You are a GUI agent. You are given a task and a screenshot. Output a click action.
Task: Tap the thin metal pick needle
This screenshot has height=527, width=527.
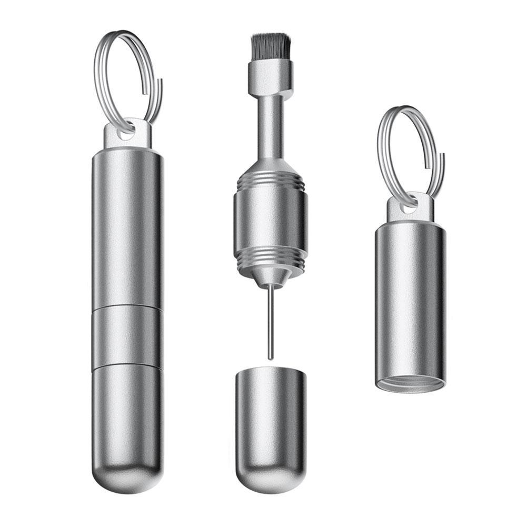(x=271, y=321)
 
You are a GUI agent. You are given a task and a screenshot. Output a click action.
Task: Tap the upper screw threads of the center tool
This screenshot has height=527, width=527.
(x=271, y=182)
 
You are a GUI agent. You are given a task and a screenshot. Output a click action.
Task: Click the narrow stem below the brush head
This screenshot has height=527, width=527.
(x=271, y=126)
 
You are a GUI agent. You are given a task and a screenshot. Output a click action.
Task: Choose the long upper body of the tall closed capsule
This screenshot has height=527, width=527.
(x=126, y=226)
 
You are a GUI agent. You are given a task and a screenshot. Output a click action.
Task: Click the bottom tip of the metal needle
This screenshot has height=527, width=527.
(x=271, y=357)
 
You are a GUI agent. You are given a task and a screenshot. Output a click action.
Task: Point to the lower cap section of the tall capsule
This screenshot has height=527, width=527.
(x=126, y=416)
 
